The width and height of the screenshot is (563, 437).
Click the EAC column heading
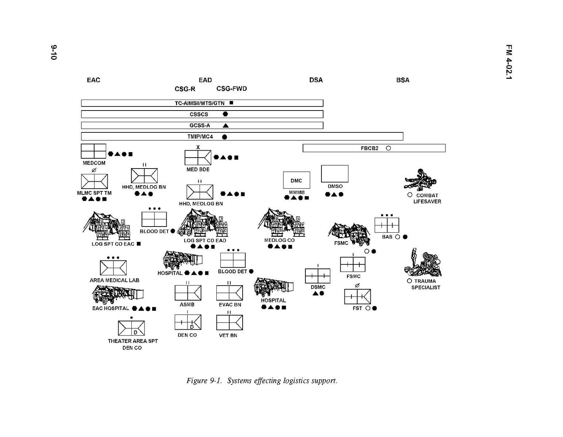tap(93, 80)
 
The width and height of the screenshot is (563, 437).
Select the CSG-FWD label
tap(232, 89)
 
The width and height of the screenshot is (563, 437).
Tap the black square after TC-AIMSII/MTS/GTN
tap(231, 103)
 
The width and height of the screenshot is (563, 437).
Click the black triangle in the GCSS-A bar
tap(225, 125)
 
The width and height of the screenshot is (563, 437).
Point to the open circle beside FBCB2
tap(388, 148)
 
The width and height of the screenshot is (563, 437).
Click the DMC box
tap(297, 180)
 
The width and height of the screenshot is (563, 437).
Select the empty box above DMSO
tap(335, 174)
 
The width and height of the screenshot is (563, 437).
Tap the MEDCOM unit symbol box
tap(93, 151)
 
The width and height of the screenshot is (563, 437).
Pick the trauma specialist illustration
tap(423, 263)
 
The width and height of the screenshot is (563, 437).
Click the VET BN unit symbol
tap(230, 322)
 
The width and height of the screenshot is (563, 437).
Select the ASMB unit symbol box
tap(188, 293)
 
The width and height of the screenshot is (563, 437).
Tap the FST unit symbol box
tap(358, 297)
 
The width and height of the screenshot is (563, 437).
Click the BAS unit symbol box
tap(387, 225)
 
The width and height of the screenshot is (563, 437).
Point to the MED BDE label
tap(198, 170)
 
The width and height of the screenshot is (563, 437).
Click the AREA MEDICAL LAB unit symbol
tap(113, 268)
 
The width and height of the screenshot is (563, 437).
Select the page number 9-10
tap(54, 53)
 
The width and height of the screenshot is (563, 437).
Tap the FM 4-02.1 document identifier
tap(509, 62)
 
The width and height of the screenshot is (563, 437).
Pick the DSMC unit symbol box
tap(318, 276)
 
